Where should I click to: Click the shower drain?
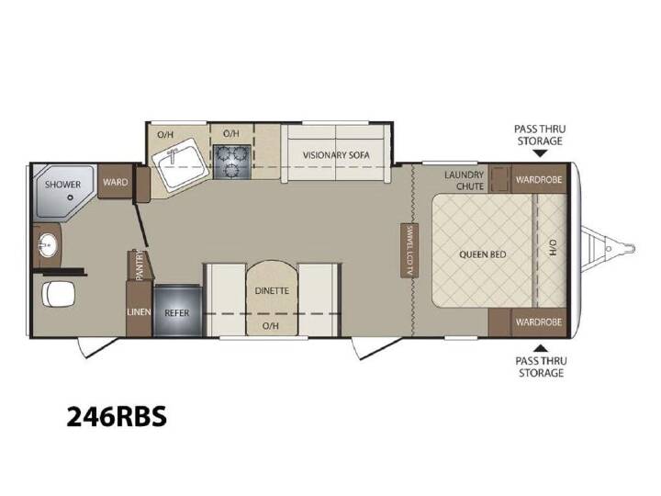[71, 197]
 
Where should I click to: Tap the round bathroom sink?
[47, 244]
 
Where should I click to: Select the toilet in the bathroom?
[58, 294]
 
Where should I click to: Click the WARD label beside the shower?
[115, 182]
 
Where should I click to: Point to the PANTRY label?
[140, 265]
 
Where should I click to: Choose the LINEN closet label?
[139, 312]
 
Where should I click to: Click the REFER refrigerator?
[177, 310]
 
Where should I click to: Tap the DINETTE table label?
[272, 290]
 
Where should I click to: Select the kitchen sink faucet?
[172, 155]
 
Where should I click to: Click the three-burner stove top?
[232, 162]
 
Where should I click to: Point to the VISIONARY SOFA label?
[336, 155]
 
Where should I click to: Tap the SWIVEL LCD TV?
[409, 250]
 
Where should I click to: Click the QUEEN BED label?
[482, 254]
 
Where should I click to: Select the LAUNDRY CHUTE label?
[465, 181]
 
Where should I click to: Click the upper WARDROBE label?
[539, 180]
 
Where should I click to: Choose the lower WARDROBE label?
[539, 322]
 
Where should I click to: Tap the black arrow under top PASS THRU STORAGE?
[540, 153]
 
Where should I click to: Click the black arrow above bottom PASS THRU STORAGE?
[541, 348]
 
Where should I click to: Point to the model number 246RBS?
[117, 417]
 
